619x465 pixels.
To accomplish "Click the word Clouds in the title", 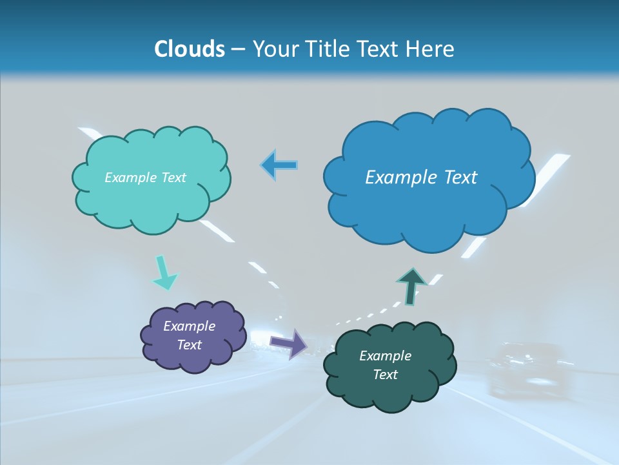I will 190,49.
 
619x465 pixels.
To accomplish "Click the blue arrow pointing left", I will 280,165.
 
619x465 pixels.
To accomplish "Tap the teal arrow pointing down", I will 164,274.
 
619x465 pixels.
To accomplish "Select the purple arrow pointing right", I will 290,344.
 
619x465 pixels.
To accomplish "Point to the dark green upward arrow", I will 411,286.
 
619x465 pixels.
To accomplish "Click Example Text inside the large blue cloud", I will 421,177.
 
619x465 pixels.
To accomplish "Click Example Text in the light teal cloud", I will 145,178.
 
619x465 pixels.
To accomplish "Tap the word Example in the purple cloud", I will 189,326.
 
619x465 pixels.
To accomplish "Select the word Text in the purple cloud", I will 189,345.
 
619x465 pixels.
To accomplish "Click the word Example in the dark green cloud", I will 385,356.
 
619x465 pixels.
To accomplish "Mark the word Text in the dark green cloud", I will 385,375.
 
